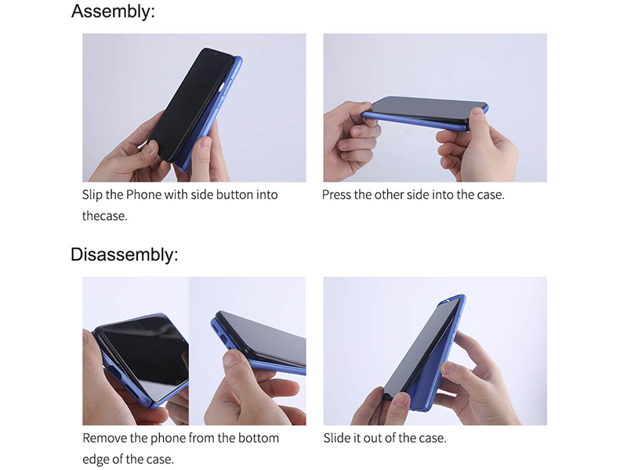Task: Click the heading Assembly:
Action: pyautogui.click(x=113, y=11)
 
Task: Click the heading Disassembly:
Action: pyautogui.click(x=125, y=255)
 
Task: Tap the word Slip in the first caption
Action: pyautogui.click(x=92, y=195)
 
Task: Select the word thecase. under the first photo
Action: pyautogui.click(x=105, y=216)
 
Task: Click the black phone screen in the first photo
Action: pyautogui.click(x=188, y=102)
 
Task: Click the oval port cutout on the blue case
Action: pyautogui.click(x=114, y=374)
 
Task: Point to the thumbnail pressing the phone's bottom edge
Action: pyautogui.click(x=233, y=357)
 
